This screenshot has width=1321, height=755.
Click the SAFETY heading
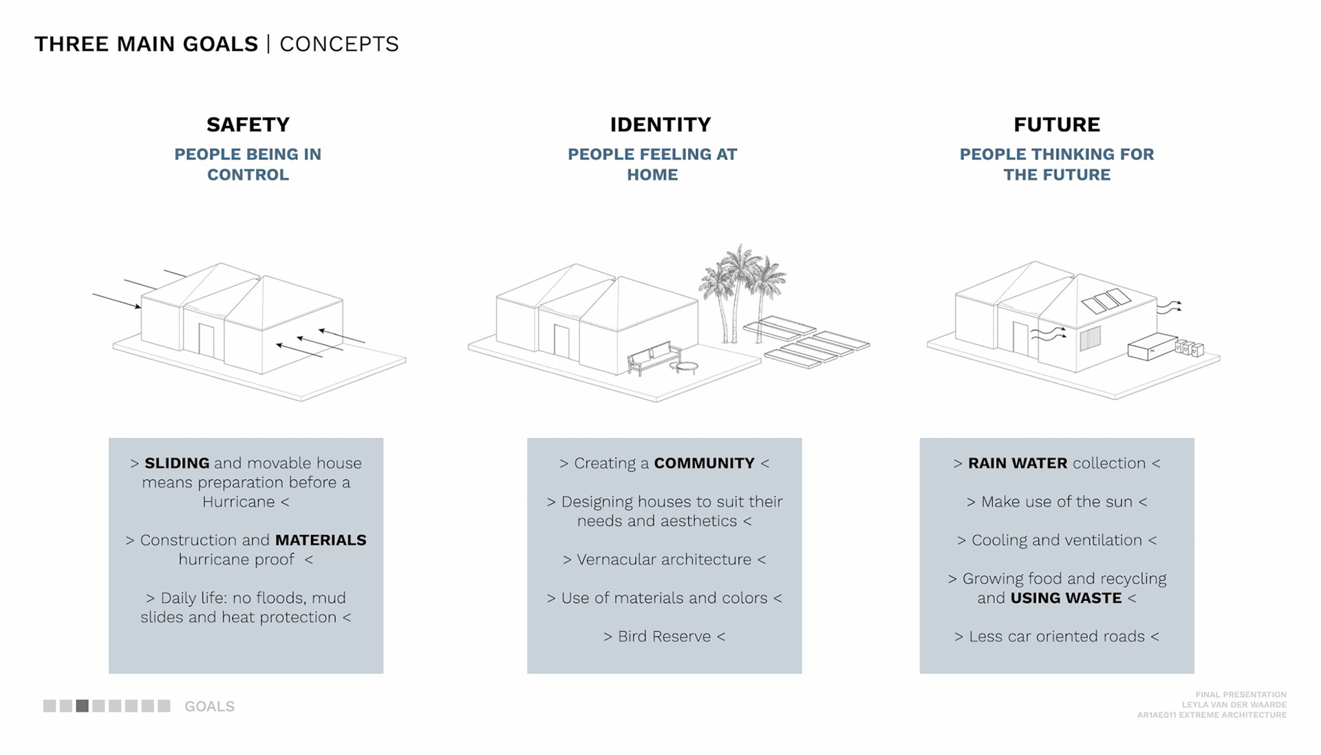coord(248,125)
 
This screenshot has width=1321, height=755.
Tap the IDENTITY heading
coord(660,125)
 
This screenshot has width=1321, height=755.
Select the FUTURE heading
coord(1056,125)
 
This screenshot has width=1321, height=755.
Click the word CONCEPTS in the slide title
coord(339,44)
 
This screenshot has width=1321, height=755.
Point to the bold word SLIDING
coord(177,463)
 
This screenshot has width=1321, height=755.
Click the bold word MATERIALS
coord(321,540)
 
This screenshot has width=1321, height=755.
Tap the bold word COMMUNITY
coord(704,463)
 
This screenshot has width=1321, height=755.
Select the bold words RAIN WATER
coord(1017,463)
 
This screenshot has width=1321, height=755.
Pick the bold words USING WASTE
coord(1066,598)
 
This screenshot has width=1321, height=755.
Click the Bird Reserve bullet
coord(664,637)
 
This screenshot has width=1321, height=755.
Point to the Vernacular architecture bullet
coord(664,560)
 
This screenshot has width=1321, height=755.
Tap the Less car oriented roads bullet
coord(1056,637)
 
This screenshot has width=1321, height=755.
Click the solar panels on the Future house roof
coord(1106,301)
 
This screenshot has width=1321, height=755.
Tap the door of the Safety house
coord(206,340)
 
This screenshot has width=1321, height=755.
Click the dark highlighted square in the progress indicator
coord(83,706)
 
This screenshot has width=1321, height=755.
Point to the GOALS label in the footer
coord(209,707)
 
